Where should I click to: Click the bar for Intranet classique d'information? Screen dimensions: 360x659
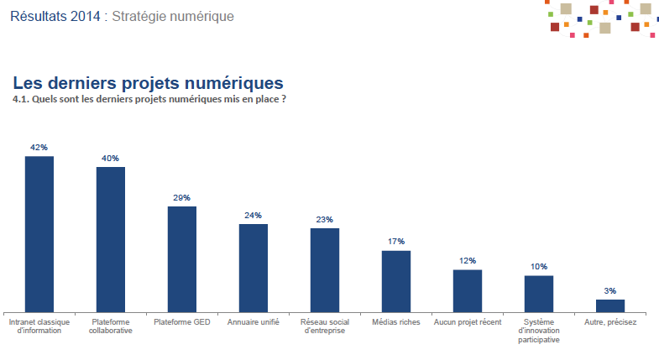(x=39, y=234)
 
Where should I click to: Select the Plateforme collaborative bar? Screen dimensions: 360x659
(x=111, y=239)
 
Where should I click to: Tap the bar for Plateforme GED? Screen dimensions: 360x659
(x=182, y=258)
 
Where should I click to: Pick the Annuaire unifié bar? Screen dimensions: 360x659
(x=254, y=268)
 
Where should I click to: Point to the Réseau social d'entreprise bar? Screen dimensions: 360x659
(x=325, y=269)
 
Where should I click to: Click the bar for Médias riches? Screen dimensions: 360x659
(x=396, y=281)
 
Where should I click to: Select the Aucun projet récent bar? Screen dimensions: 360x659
(x=468, y=290)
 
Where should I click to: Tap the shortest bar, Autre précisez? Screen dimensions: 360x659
(x=610, y=305)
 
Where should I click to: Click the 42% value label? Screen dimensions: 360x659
(x=39, y=147)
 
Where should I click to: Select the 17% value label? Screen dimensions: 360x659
(x=396, y=242)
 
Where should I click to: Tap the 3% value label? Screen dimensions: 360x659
(x=610, y=290)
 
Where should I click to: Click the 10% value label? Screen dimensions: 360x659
(x=539, y=266)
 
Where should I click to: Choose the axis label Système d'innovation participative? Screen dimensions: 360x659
(x=539, y=331)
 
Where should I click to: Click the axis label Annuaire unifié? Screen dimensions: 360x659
(x=254, y=321)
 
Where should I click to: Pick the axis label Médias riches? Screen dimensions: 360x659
(x=396, y=321)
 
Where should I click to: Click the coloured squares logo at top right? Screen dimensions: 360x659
(x=599, y=18)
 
